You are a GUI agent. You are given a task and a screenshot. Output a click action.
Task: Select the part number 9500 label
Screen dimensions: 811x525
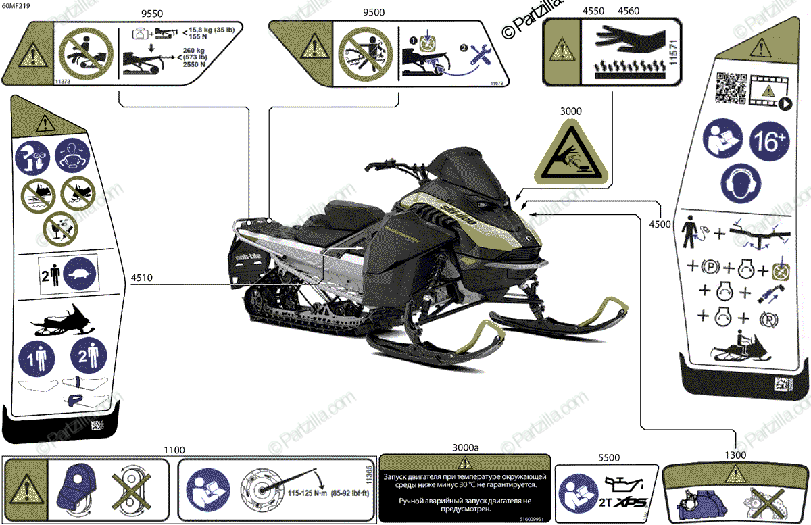[376, 13]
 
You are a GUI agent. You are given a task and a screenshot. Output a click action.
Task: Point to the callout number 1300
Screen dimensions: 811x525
[735, 455]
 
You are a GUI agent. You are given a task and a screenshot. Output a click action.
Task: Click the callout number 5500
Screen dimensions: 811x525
[608, 457]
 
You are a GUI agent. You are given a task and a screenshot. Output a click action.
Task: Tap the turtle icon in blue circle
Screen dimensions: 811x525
[82, 275]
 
